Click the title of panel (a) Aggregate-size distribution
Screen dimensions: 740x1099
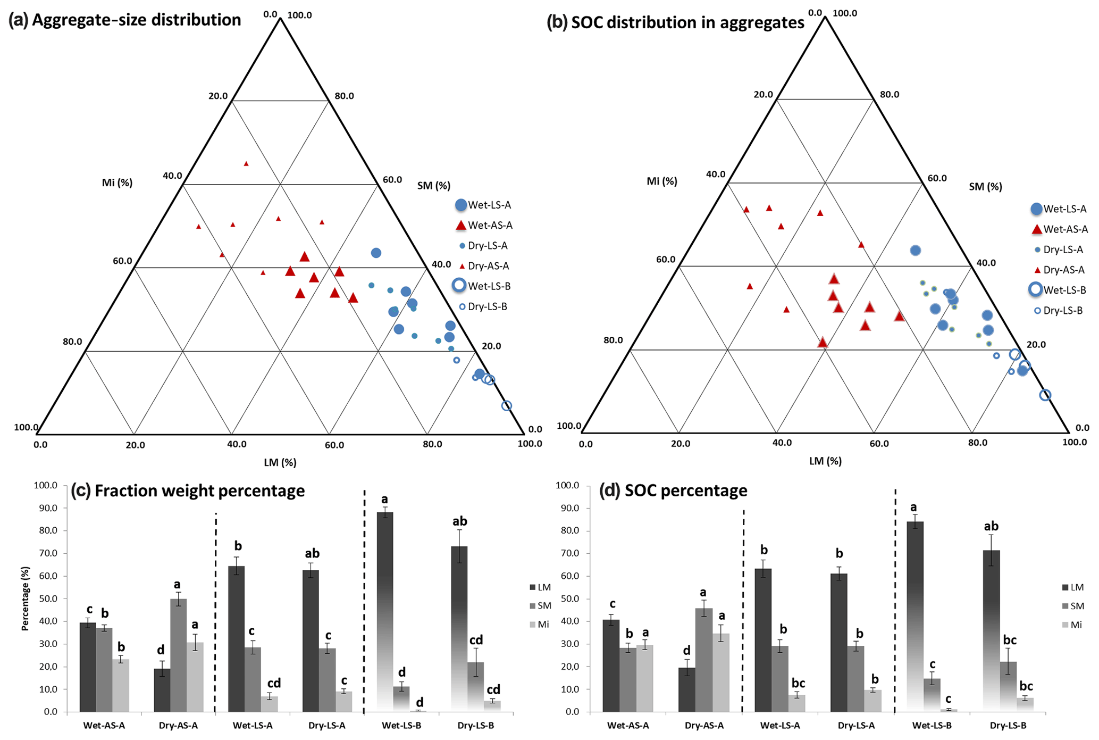coord(125,20)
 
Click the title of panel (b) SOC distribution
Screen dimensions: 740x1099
coord(675,22)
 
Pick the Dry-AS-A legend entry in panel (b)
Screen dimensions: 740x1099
coord(1058,270)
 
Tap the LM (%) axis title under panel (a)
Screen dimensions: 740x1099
coord(280,463)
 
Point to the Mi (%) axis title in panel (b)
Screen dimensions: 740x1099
coord(661,181)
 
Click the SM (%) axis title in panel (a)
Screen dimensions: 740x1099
coord(433,186)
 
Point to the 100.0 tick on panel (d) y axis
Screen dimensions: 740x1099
coord(567,485)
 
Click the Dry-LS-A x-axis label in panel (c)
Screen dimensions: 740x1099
coord(327,726)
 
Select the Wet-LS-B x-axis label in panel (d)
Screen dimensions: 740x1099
coord(932,726)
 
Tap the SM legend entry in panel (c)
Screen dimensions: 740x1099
coord(540,606)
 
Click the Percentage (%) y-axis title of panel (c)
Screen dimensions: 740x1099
coord(25,598)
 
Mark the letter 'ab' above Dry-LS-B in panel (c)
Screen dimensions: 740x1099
coord(459,521)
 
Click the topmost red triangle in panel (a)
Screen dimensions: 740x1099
coord(246,164)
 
